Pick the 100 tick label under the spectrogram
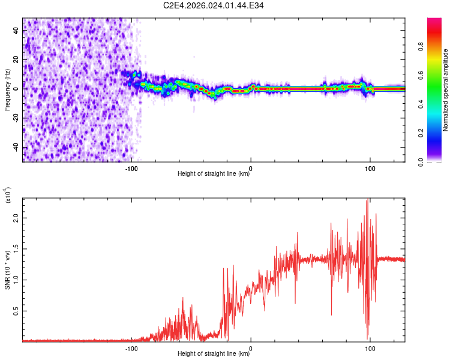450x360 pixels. coord(370,169)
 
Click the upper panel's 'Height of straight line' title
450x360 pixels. coord(214,175)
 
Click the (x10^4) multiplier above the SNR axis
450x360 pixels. coord(9,196)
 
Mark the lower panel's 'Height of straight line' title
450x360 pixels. coord(214,353)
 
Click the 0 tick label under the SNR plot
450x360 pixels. coord(251,347)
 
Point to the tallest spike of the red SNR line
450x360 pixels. coord(367,199)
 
